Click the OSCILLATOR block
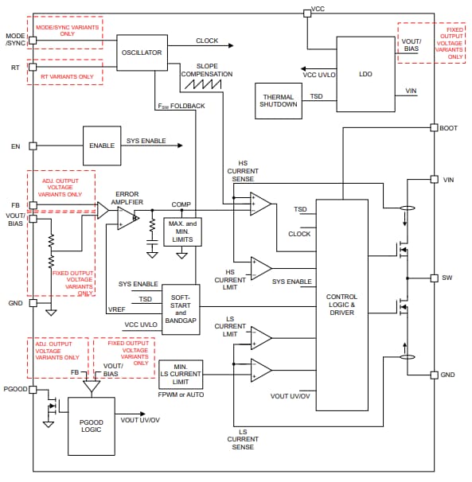(x=142, y=52)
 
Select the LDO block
(x=365, y=73)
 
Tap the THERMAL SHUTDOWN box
(x=279, y=100)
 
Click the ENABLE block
(x=102, y=146)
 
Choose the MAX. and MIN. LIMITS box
(x=182, y=231)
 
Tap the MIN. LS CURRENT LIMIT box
(x=181, y=374)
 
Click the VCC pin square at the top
(x=306, y=13)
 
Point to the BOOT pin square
(x=433, y=127)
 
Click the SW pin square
(x=433, y=278)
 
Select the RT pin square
(x=33, y=68)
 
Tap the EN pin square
(x=33, y=146)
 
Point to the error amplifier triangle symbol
(x=126, y=217)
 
